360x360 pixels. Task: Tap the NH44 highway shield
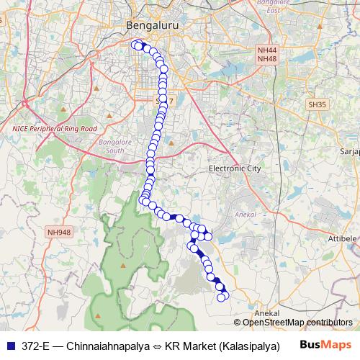tap(266, 50)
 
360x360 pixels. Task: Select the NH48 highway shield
tap(266, 58)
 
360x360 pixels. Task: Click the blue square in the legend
tap(9, 346)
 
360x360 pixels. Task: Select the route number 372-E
tap(35, 346)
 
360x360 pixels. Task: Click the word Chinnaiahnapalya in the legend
tap(102, 346)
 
